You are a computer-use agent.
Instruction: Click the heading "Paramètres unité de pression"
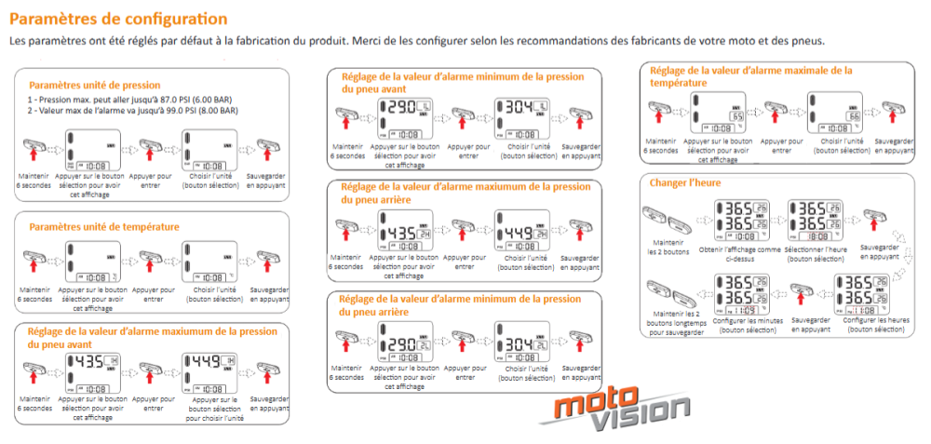[95, 85]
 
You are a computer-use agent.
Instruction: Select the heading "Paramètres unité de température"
[104, 226]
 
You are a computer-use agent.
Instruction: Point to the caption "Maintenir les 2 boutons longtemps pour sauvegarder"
[678, 323]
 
